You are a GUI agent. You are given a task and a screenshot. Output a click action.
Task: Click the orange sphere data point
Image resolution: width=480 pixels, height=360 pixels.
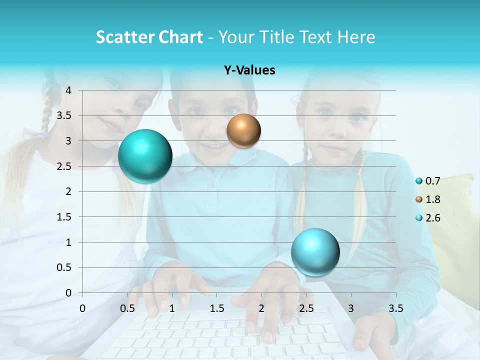(243, 131)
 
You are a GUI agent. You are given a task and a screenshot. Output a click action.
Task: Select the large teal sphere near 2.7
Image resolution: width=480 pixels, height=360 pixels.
(145, 156)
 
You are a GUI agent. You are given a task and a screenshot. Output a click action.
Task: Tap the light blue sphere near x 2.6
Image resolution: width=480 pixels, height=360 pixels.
(315, 252)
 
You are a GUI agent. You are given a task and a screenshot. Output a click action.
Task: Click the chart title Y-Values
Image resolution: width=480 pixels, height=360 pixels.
(249, 70)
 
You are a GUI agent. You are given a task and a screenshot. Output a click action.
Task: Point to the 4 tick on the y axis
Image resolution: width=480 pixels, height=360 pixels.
(69, 90)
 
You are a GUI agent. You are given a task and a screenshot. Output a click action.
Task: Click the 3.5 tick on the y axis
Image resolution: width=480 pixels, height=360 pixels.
(64, 115)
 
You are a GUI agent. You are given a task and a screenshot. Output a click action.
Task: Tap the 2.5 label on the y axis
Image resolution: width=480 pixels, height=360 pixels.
(64, 166)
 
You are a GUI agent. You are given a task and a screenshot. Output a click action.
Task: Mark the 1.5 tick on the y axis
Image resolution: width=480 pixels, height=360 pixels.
(64, 217)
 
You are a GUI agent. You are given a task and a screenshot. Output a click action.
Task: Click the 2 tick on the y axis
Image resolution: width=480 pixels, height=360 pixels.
(69, 191)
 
